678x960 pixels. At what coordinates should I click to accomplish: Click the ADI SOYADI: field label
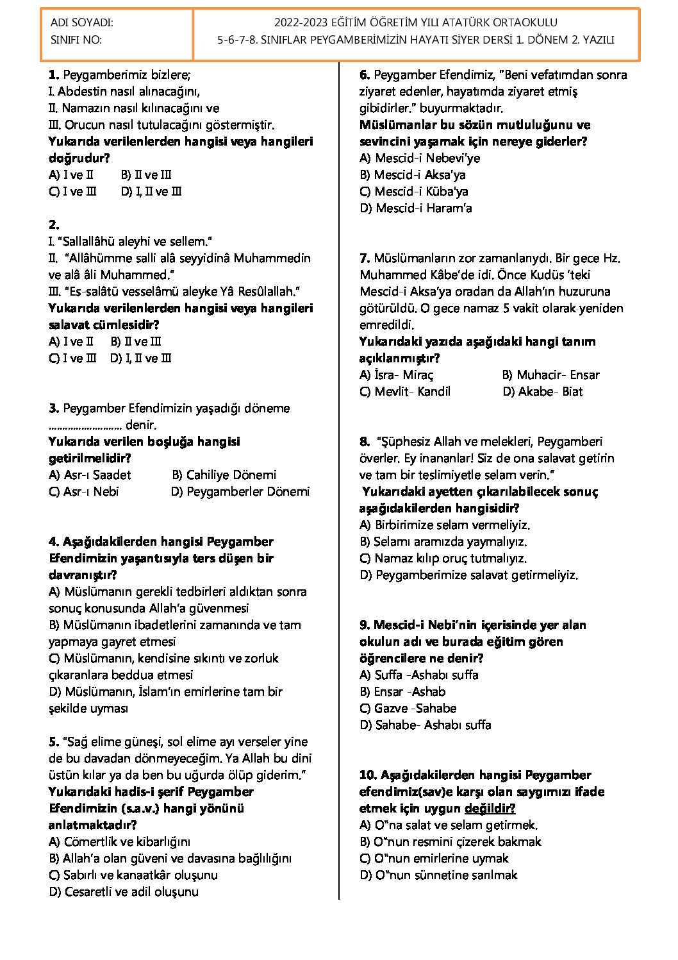[x=81, y=23]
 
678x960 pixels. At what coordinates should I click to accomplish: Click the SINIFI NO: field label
[x=76, y=40]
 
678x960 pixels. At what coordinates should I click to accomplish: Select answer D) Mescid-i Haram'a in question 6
[x=415, y=208]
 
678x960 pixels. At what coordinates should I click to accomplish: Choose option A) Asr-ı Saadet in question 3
[x=90, y=475]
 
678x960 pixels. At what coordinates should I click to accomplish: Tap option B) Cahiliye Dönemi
[x=224, y=475]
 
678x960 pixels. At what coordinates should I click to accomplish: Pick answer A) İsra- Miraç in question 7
[x=396, y=375]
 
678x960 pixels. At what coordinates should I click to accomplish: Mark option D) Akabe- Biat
[x=542, y=392]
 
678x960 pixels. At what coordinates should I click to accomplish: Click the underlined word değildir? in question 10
[x=490, y=809]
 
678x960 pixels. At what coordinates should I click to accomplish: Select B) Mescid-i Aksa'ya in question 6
[x=412, y=174]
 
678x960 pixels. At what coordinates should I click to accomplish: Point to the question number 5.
[x=54, y=742]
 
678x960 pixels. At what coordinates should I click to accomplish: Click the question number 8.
[x=365, y=442]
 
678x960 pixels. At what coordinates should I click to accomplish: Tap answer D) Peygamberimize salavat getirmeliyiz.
[x=468, y=575]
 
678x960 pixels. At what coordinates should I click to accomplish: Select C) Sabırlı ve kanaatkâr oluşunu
[x=133, y=875]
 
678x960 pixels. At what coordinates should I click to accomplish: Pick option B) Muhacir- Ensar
[x=550, y=375]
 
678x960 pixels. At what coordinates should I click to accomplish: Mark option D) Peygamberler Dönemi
[x=240, y=492]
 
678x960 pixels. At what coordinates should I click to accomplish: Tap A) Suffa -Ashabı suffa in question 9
[x=418, y=675]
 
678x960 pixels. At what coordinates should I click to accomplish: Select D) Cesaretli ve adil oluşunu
[x=123, y=892]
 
